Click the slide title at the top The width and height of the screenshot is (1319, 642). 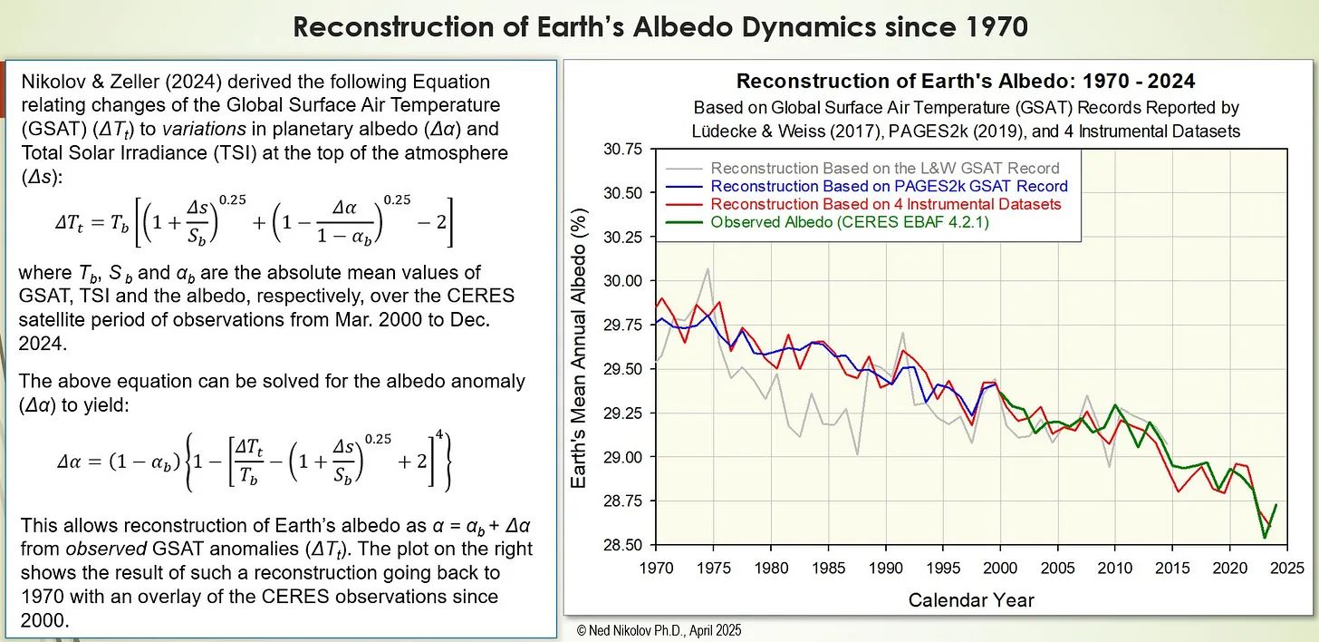659,27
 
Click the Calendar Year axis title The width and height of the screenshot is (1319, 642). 971,599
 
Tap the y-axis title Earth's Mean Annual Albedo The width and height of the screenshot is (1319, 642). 581,348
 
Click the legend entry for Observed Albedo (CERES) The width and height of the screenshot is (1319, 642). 849,221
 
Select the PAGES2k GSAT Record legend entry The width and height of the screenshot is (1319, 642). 889,186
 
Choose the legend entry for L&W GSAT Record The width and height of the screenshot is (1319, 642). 884,168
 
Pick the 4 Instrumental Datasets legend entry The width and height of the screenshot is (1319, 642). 885,204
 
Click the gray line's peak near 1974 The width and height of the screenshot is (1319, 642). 708,268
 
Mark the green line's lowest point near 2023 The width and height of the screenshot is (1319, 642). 1265,538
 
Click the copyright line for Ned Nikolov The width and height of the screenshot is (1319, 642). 659,629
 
